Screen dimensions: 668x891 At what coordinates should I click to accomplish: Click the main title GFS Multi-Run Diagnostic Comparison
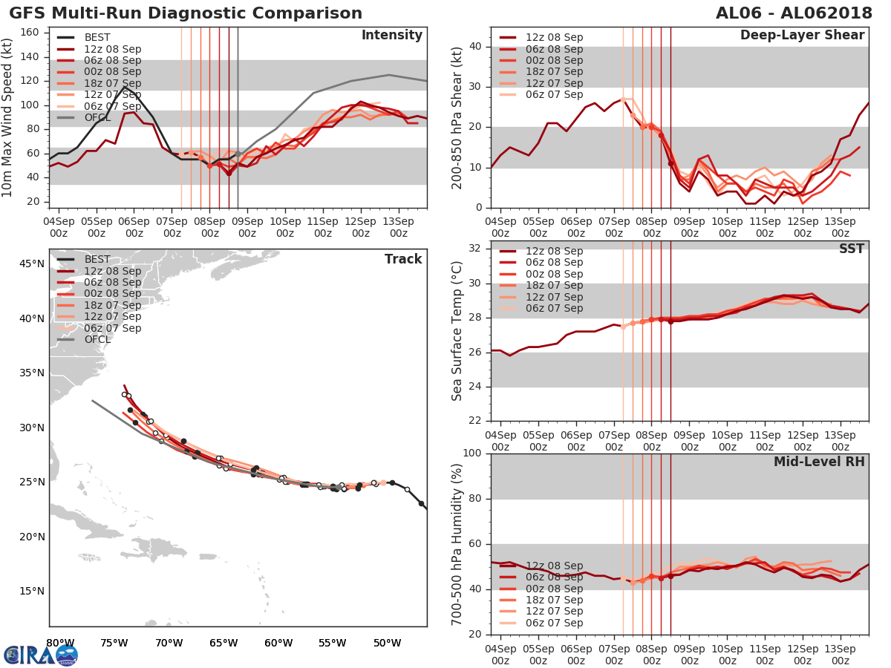[186, 13]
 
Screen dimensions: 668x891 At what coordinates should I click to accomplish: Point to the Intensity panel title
[391, 36]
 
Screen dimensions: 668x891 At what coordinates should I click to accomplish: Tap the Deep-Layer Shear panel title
[802, 36]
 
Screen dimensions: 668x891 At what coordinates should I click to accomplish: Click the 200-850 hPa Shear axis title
[457, 117]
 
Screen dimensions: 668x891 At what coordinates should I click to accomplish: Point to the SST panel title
[851, 249]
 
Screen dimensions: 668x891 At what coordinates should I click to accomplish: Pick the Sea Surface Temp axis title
[457, 331]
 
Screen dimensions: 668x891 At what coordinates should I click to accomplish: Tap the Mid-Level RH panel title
[819, 462]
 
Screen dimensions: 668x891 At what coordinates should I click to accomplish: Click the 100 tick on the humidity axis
[473, 453]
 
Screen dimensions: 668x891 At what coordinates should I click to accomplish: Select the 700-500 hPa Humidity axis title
[457, 544]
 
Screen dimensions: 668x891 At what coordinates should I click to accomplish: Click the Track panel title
[403, 259]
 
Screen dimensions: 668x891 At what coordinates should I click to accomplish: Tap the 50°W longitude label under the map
[383, 643]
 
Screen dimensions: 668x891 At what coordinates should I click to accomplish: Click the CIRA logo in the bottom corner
[41, 655]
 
